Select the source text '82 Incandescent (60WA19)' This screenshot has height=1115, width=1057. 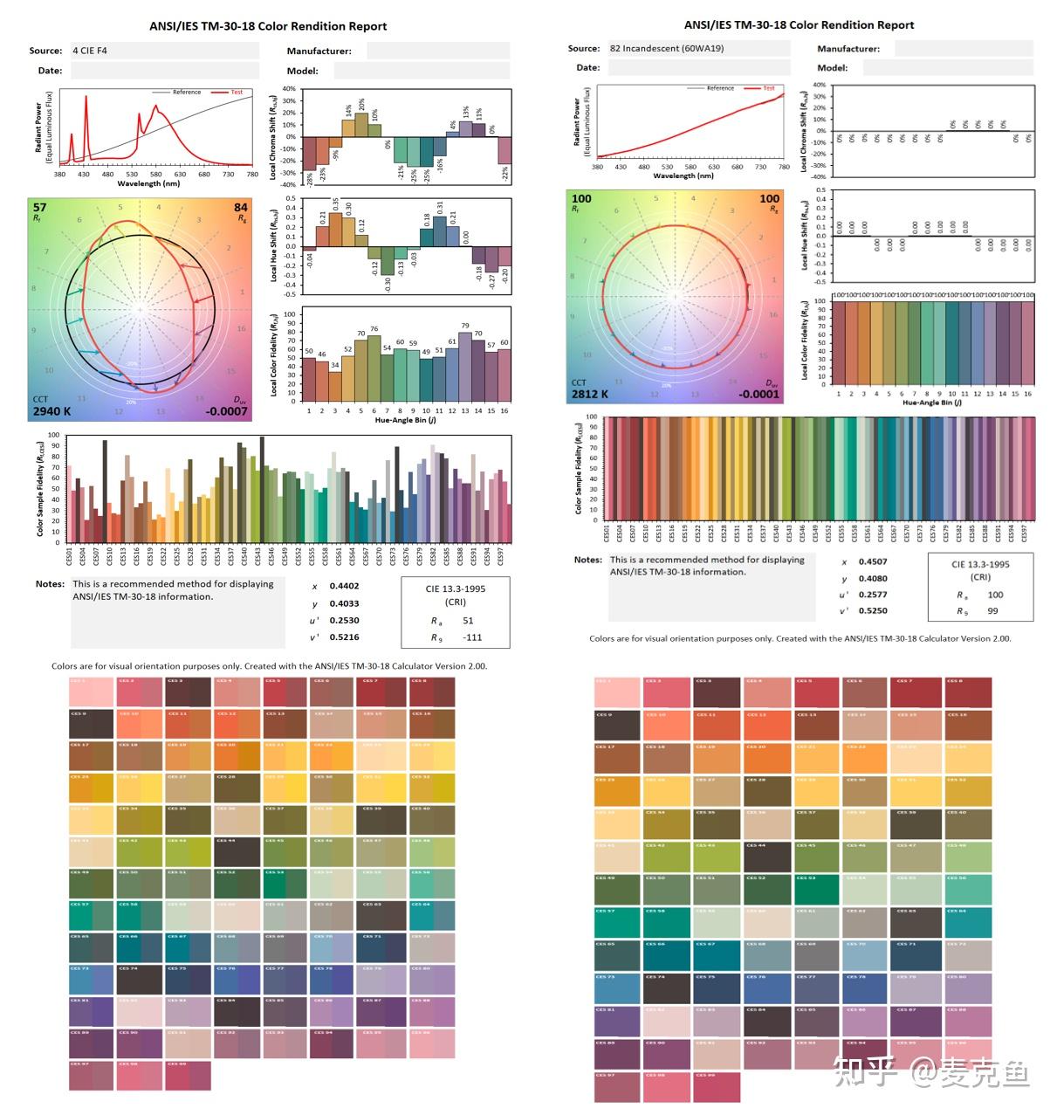tap(667, 48)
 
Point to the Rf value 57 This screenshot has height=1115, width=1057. tap(39, 207)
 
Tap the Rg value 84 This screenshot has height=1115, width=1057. tap(241, 207)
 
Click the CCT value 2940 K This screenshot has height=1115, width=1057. tap(51, 410)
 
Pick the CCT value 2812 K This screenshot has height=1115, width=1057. tap(590, 394)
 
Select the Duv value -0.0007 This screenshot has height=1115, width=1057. tap(227, 410)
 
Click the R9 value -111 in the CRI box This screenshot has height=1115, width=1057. tap(472, 637)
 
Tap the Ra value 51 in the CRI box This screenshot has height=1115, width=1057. tap(468, 621)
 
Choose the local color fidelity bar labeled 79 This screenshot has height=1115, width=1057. tap(465, 367)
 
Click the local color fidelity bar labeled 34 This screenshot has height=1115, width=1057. tap(335, 387)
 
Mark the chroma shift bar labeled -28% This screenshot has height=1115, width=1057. tap(309, 154)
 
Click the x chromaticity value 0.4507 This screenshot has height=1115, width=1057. tap(873, 562)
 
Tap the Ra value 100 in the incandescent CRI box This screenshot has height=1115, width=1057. tap(995, 595)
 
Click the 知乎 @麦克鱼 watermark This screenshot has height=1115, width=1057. tap(931, 1071)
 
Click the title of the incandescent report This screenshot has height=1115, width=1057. tap(799, 24)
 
